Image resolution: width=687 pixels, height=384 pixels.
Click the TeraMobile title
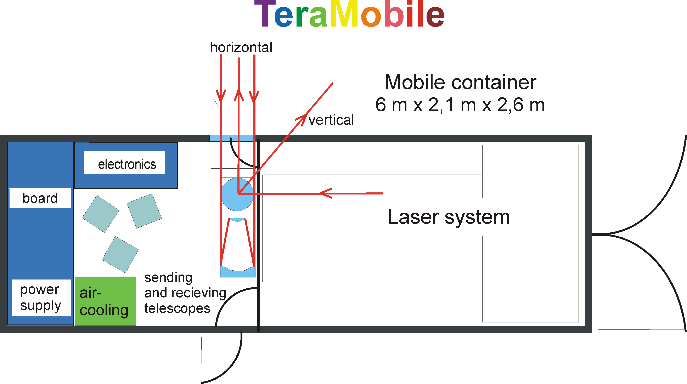[x=349, y=14]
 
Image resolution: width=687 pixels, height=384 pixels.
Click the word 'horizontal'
[x=241, y=47]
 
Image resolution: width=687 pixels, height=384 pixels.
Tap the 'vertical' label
[x=331, y=120]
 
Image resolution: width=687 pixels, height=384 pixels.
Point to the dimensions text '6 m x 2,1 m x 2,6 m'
[x=460, y=105]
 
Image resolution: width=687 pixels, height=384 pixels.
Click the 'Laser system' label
[x=449, y=217]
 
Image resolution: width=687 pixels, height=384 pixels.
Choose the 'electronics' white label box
[x=124, y=163]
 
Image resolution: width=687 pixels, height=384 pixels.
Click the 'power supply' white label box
[x=41, y=298]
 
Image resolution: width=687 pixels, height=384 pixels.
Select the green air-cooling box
[x=105, y=301]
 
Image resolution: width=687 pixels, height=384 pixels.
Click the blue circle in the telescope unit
[x=237, y=194]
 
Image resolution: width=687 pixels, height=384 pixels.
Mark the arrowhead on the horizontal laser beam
[x=326, y=193]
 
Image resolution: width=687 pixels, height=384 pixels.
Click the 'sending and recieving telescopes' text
[x=185, y=293]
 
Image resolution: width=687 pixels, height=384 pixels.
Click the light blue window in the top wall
[x=231, y=138]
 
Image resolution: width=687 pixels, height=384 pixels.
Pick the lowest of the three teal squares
[x=120, y=254]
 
